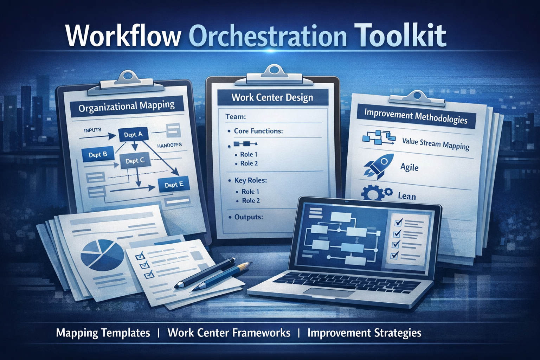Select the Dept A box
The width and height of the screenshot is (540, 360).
pyautogui.click(x=133, y=135)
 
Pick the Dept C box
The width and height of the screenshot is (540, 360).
pyautogui.click(x=135, y=161)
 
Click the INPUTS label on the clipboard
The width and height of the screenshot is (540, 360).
pyautogui.click(x=92, y=130)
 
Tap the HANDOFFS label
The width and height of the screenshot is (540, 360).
pyautogui.click(x=169, y=145)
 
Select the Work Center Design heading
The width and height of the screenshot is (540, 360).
pyautogui.click(x=272, y=97)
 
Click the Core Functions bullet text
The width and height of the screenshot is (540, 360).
pyautogui.click(x=258, y=131)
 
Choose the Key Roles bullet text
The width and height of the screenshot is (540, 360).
pyautogui.click(x=251, y=180)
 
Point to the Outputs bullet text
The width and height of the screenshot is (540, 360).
pyautogui.click(x=249, y=217)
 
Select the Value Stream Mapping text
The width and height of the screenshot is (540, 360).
pyautogui.click(x=436, y=143)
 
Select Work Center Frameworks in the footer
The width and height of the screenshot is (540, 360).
pyautogui.click(x=229, y=333)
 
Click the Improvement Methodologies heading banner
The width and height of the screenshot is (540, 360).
pyautogui.click(x=416, y=116)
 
